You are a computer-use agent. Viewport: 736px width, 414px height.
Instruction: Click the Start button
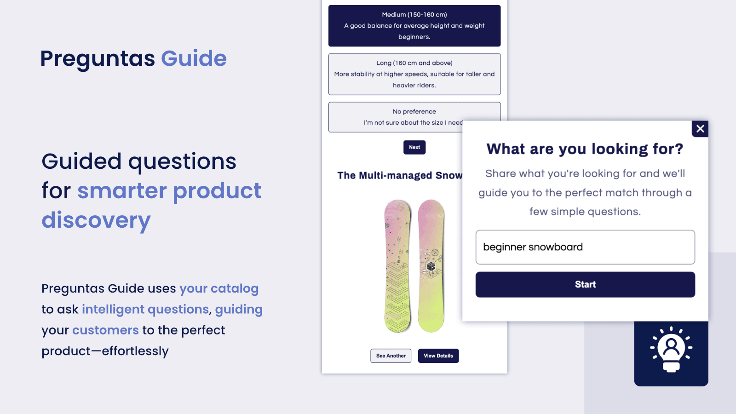coord(585,284)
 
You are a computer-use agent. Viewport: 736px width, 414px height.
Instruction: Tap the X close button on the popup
coord(700,129)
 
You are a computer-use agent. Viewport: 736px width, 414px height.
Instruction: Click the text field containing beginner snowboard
coord(585,247)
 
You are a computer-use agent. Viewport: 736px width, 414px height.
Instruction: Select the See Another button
coord(391,356)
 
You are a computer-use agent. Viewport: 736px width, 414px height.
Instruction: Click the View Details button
coord(438,356)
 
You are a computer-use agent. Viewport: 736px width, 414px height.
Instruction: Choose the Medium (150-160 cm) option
coord(414,26)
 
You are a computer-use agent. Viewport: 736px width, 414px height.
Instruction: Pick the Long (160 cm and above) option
coord(414,74)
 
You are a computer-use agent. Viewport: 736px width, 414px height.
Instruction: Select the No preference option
coord(396,117)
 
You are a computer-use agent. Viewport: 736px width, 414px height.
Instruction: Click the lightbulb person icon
coord(671,350)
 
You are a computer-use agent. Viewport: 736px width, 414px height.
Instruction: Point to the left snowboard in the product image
coord(397,265)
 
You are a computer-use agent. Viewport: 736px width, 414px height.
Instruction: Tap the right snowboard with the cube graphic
coord(431,265)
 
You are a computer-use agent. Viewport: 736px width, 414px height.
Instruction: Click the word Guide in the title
coord(194,58)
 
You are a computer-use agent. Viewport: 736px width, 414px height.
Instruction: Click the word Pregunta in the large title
coord(98,59)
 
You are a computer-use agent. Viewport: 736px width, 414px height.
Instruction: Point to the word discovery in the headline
coord(96,220)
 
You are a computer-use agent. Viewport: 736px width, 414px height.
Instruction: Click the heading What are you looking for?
coord(585,149)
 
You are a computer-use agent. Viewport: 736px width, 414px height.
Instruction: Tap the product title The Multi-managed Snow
coord(399,175)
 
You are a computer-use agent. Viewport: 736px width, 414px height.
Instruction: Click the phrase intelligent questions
coord(145,309)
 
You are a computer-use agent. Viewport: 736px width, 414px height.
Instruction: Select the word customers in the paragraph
coord(105,330)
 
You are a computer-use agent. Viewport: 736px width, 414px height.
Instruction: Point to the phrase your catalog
coord(219,288)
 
